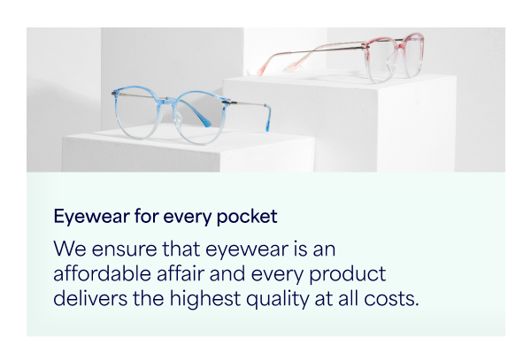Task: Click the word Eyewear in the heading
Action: point(91,217)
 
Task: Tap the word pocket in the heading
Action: point(247,217)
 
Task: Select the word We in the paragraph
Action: point(70,249)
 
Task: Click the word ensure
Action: point(124,249)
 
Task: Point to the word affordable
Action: point(102,273)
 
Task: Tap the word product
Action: point(348,275)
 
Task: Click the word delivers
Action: point(90,299)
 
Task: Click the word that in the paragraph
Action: point(181,249)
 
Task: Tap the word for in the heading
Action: point(146,216)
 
